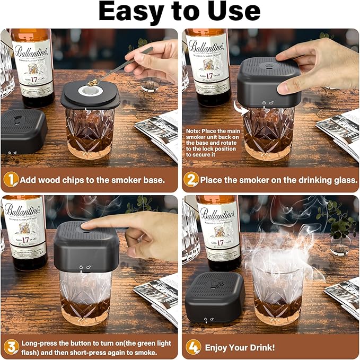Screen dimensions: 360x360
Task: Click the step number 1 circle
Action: pyautogui.click(x=11, y=180)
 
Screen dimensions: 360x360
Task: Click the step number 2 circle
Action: pyautogui.click(x=191, y=180)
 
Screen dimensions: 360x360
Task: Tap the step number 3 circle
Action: pyautogui.click(x=11, y=347)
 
